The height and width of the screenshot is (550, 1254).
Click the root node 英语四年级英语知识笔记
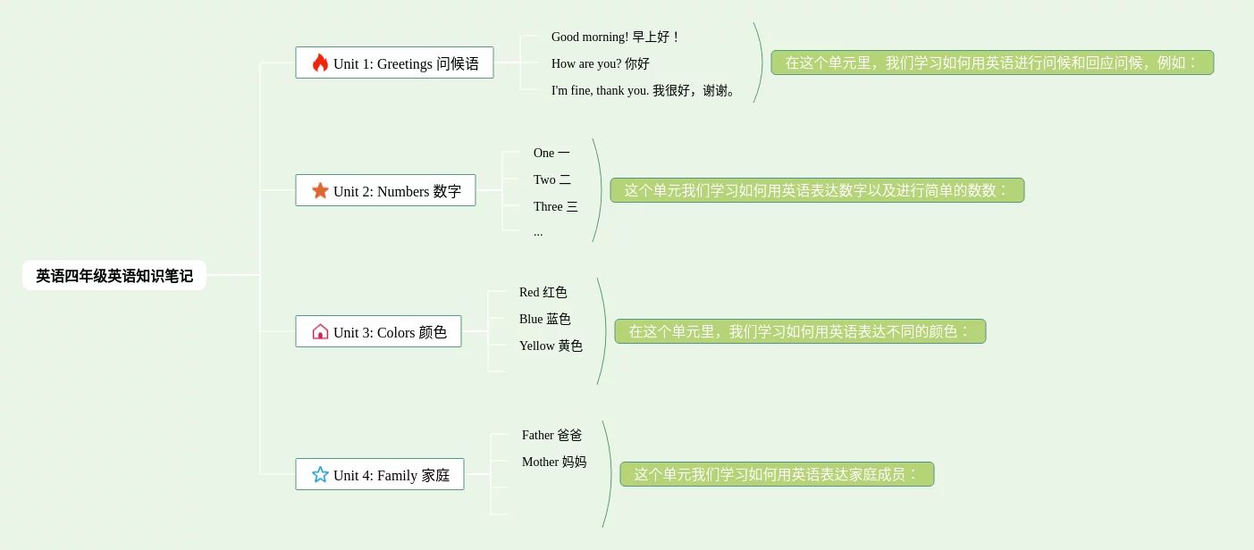[114, 276]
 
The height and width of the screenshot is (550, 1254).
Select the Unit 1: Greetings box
[394, 63]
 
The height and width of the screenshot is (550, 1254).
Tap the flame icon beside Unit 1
[320, 62]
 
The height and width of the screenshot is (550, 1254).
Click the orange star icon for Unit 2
[320, 191]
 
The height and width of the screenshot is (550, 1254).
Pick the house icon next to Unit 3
[320, 332]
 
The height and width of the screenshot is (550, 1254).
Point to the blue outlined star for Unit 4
[320, 474]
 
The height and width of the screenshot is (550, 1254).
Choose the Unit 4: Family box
[380, 475]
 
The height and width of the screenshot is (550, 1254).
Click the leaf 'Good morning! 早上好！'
[615, 37]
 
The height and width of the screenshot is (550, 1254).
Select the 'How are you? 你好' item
[600, 63]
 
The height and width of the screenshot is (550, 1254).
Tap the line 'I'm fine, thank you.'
[644, 90]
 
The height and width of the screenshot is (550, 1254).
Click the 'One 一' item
[551, 153]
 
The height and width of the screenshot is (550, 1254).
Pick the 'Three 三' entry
[555, 206]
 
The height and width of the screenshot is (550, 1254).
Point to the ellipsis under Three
[538, 233]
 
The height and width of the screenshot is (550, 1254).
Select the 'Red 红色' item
[543, 292]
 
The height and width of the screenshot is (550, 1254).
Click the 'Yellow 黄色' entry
[551, 346]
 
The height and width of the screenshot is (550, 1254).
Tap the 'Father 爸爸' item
[551, 435]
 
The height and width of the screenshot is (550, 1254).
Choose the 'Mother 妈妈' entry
[554, 462]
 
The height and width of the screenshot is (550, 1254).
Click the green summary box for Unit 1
[992, 62]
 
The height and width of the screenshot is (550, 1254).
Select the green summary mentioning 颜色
[800, 331]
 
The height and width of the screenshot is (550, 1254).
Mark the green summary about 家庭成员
[777, 474]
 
